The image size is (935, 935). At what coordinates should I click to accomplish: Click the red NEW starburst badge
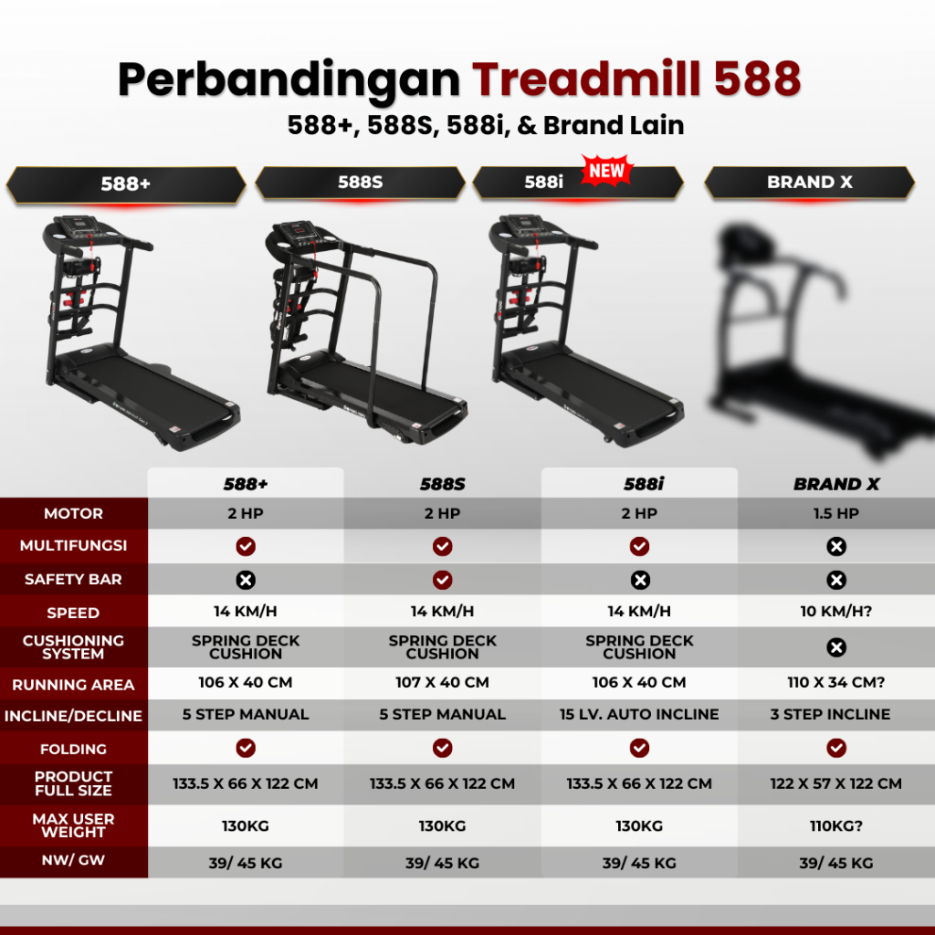[607, 171]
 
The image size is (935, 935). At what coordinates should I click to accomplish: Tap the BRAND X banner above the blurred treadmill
[809, 182]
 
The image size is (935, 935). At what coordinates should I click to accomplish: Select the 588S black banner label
[360, 182]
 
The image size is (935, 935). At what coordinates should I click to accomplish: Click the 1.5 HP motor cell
[836, 513]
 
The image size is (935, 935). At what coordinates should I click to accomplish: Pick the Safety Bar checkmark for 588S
[443, 580]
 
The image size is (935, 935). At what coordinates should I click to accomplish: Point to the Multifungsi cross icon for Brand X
[836, 546]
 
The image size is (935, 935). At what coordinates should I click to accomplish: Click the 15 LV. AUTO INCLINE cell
[639, 714]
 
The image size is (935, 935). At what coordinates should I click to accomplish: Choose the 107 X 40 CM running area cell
[443, 682]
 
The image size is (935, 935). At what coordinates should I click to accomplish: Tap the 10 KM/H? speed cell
[836, 611]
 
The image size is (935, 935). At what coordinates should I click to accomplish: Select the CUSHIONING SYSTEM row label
[73, 647]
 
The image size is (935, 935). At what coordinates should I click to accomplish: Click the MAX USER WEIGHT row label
[73, 825]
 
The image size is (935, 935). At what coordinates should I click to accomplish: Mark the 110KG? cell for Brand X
[836, 825]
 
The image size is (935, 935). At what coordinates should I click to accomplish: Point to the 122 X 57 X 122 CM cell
[836, 783]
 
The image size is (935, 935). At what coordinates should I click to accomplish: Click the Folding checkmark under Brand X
[836, 748]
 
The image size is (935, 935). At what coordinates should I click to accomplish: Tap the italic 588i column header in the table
[644, 484]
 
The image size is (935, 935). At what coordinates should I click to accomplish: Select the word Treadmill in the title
[586, 79]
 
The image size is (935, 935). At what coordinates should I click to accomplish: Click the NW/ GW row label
[73, 860]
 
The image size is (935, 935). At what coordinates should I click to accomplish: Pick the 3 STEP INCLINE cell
[830, 714]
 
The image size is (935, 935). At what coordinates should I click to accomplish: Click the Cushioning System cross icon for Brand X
[836, 647]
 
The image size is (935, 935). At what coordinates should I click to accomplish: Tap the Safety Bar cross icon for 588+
[246, 580]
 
